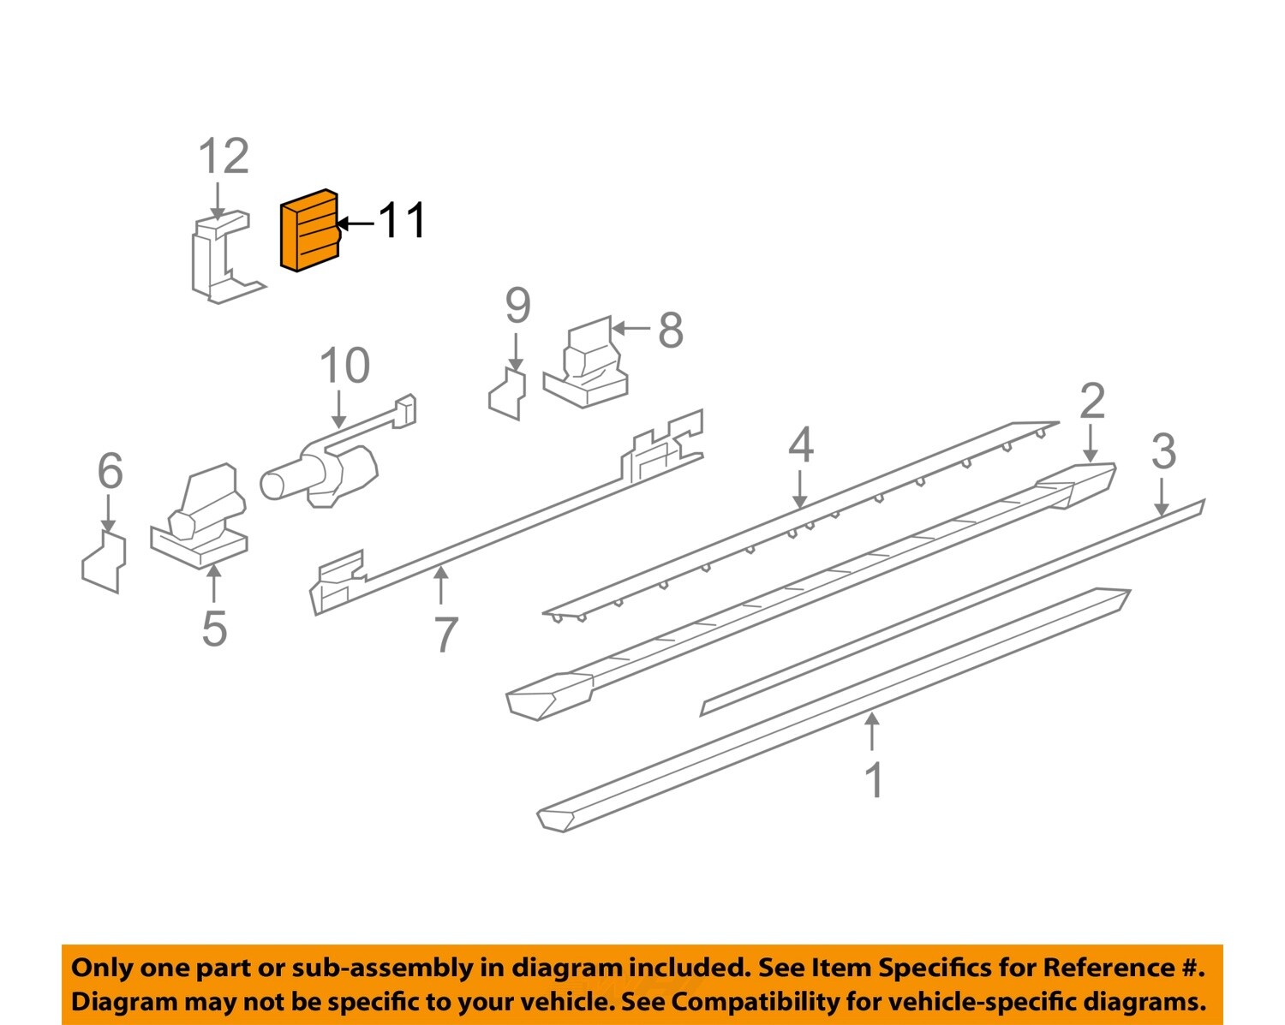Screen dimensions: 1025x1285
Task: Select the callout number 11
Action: point(402,221)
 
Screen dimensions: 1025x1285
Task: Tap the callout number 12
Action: point(224,157)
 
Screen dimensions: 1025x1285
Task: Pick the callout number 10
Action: point(344,366)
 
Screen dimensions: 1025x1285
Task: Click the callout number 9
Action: point(517,306)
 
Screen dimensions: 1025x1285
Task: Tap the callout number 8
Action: point(671,330)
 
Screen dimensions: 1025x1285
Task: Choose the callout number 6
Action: point(110,471)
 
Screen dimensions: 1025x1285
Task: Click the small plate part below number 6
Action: point(105,563)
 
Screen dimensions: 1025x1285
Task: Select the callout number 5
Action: point(214,629)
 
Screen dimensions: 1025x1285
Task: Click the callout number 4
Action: point(800,445)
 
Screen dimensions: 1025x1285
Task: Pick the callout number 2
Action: point(1091,401)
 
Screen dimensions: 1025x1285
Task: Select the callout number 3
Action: point(1163,451)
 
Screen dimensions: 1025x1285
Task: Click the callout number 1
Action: point(873,780)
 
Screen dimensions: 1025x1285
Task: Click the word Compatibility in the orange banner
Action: point(743,1001)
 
